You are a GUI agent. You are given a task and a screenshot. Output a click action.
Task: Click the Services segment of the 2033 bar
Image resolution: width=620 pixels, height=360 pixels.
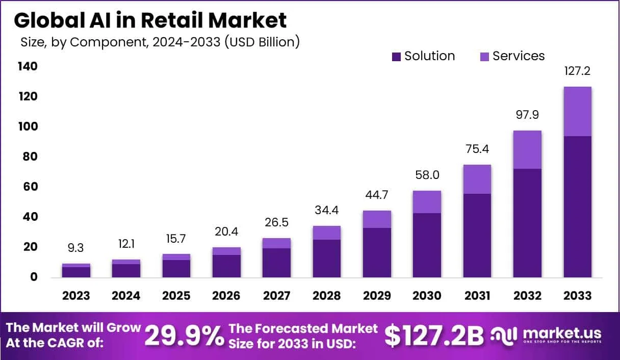tap(577, 111)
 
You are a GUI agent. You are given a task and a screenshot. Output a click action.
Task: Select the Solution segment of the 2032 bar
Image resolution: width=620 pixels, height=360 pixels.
tap(527, 223)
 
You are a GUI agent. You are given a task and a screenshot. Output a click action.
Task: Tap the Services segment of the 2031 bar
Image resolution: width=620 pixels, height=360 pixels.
tap(477, 179)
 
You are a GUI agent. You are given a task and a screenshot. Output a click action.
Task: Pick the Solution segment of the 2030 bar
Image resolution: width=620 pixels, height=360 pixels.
tap(427, 245)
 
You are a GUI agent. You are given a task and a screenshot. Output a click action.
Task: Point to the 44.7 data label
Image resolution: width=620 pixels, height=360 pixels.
tap(377, 195)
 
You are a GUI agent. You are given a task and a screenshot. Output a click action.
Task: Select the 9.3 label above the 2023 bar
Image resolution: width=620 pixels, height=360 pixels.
tap(76, 248)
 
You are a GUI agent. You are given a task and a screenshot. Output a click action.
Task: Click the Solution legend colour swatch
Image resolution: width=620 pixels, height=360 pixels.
tap(396, 57)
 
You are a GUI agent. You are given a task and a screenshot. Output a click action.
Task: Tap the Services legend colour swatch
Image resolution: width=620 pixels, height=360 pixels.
tap(484, 57)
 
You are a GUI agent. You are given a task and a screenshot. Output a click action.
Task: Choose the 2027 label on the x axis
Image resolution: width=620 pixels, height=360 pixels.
tap(276, 296)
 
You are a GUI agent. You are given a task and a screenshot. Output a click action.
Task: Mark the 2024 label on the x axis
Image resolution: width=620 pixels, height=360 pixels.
tap(126, 296)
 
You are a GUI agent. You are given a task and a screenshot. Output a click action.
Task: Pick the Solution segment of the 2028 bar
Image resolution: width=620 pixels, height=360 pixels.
tap(327, 258)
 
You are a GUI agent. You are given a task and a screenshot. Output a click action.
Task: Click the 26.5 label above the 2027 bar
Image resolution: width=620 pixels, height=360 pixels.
tap(276, 222)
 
